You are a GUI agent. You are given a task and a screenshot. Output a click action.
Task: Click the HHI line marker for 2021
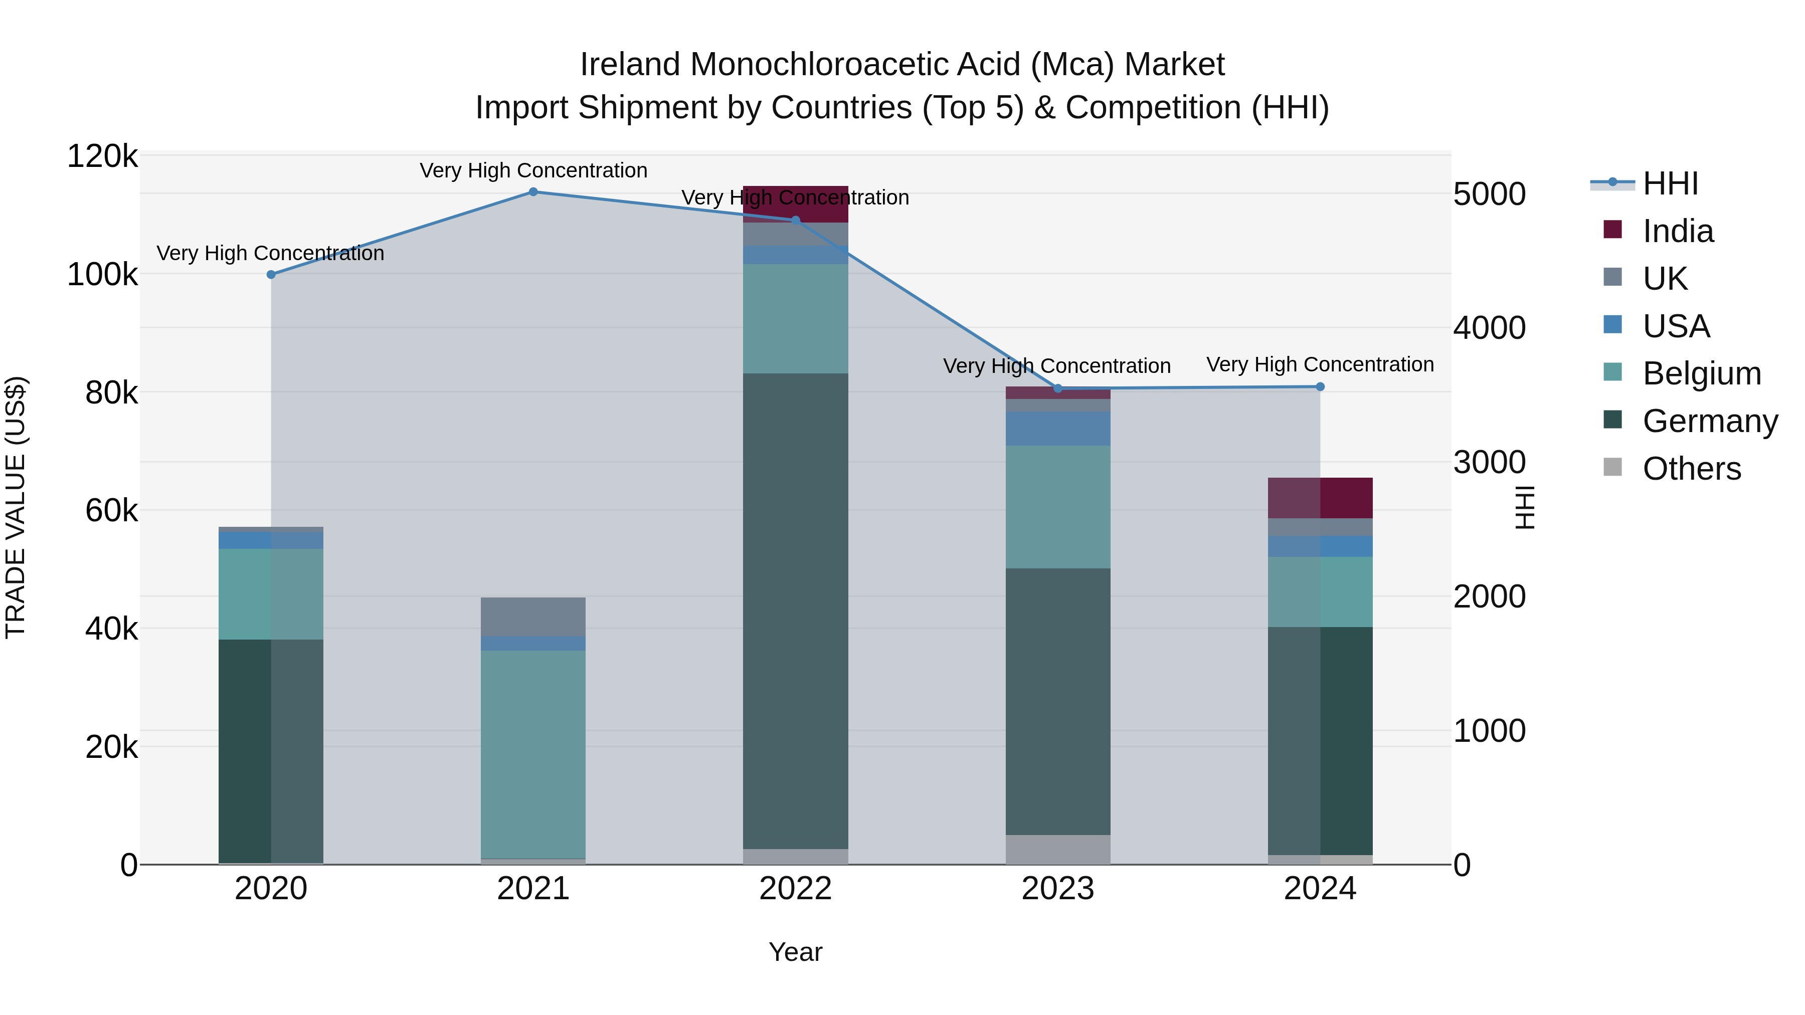[x=533, y=192]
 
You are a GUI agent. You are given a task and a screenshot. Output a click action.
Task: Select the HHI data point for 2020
[x=271, y=275]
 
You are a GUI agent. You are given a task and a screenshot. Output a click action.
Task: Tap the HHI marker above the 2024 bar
[x=1320, y=386]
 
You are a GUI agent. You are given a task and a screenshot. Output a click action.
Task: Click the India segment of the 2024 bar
[x=1320, y=498]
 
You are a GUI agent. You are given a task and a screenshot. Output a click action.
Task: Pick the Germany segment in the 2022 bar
[x=795, y=610]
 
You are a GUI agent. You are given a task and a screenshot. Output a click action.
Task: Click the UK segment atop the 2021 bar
[x=533, y=617]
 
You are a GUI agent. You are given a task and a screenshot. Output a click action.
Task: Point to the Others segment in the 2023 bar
[x=1057, y=849]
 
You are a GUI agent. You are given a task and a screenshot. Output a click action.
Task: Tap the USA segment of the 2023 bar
[x=1057, y=429]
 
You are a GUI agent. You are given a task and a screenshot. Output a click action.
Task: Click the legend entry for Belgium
[x=1701, y=373]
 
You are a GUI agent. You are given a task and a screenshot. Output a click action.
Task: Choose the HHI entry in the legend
[x=1670, y=183]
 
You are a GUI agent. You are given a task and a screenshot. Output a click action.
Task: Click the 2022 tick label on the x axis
[x=795, y=889]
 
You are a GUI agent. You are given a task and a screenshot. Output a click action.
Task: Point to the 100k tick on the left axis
[x=102, y=275]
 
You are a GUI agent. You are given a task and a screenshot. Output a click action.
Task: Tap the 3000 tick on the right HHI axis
[x=1489, y=462]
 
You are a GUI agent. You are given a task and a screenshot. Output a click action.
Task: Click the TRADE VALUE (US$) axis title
[x=16, y=507]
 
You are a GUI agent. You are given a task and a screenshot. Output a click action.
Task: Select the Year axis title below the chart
[x=795, y=952]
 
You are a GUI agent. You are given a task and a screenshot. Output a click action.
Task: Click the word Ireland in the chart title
[x=629, y=65]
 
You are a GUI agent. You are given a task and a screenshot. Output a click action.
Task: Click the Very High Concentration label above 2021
[x=533, y=170]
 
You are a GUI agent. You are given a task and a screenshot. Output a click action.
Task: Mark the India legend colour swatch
[x=1612, y=230]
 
